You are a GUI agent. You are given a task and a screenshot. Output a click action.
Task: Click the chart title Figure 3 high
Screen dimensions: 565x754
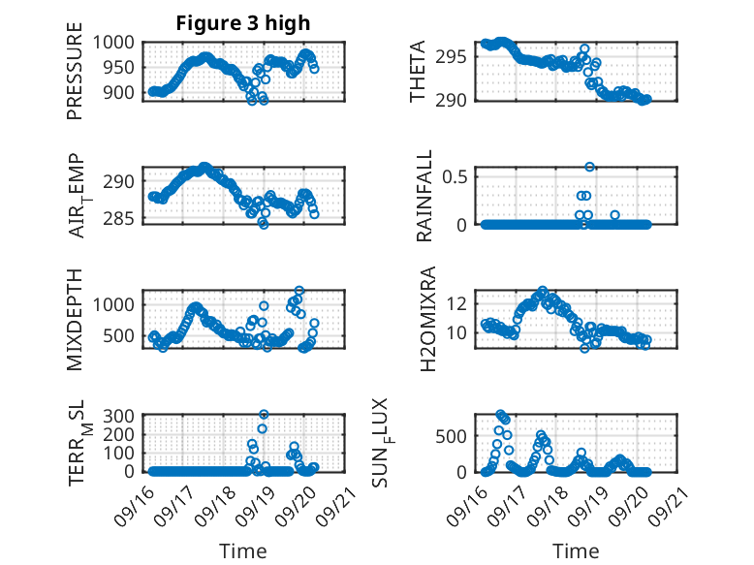coord(242,23)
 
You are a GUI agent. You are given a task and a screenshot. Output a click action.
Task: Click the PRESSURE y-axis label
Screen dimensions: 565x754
coord(75,78)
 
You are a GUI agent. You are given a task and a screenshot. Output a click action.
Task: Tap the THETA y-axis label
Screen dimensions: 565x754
coord(418,72)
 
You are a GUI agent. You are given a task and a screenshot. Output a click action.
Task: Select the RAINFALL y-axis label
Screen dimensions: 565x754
coord(424,198)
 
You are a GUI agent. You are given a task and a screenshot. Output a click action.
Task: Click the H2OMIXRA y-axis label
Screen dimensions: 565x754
coord(418,318)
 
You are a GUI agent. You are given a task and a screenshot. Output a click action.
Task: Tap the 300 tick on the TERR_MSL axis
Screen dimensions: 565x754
coord(121,415)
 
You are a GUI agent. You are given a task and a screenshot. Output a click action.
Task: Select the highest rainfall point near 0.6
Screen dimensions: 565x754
coord(589,167)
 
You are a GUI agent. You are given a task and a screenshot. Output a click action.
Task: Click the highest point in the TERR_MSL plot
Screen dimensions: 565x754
coord(264,414)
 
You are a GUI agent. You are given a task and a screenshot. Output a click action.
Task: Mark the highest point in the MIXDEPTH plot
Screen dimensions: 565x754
coord(299,291)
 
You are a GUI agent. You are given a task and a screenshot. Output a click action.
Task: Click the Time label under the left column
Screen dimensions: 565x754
coord(242,551)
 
